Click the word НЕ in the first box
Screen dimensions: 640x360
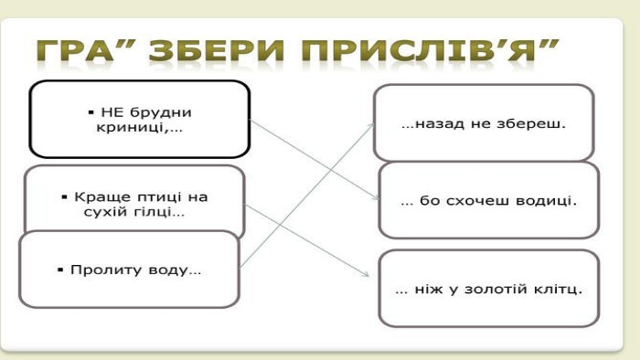click(x=110, y=112)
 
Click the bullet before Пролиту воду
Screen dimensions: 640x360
click(x=61, y=270)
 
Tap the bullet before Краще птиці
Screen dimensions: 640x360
click(x=64, y=197)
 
